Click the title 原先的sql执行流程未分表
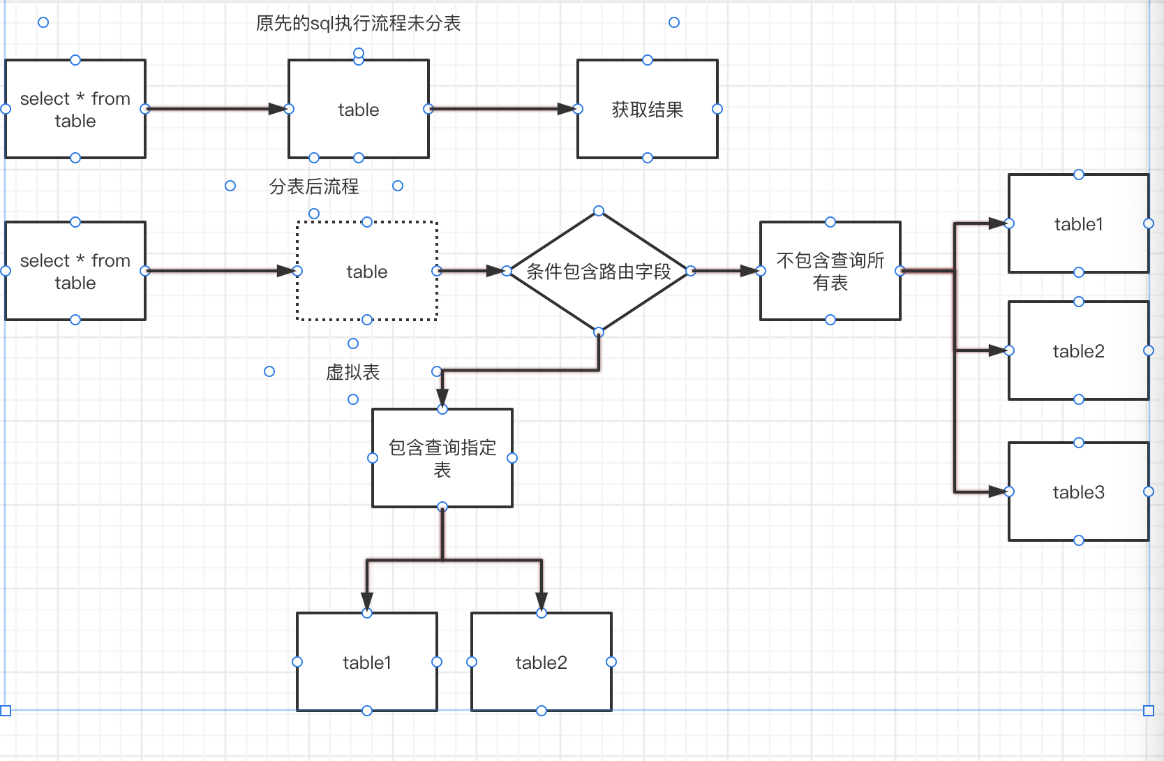pyautogui.click(x=358, y=24)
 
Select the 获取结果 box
pyautogui.click(x=647, y=110)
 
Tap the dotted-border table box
pyautogui.click(x=367, y=272)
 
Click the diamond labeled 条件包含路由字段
pyautogui.click(x=599, y=272)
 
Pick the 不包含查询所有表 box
pyautogui.click(x=830, y=272)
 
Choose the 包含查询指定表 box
pyautogui.click(x=442, y=458)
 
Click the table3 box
pyautogui.click(x=1078, y=492)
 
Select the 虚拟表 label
pyautogui.click(x=352, y=372)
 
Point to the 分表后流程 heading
pyautogui.click(x=314, y=186)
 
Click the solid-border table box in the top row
pyautogui.click(x=358, y=110)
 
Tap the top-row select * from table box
pyautogui.click(x=75, y=110)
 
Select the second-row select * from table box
pyautogui.click(x=75, y=272)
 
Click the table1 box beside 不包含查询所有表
pyautogui.click(x=1078, y=224)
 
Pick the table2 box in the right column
pyautogui.click(x=1078, y=351)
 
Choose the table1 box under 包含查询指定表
pyautogui.click(x=367, y=663)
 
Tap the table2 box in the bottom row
pyautogui.click(x=542, y=663)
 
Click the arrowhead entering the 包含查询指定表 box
pyautogui.click(x=442, y=398)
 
